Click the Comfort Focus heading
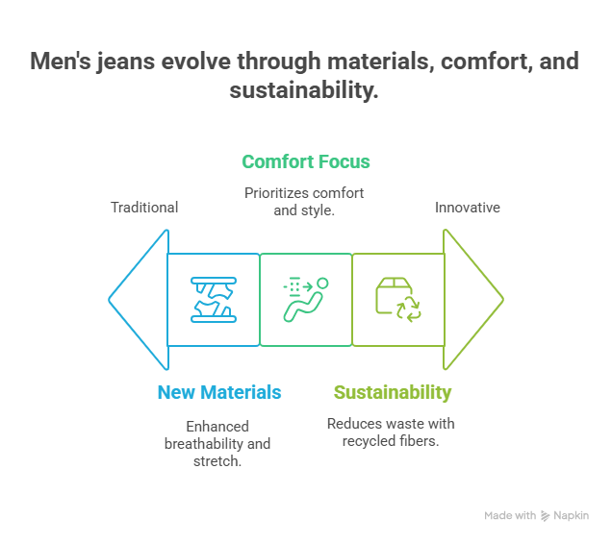(x=306, y=161)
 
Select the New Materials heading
(x=219, y=392)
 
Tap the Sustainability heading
(x=393, y=392)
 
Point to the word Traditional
(x=144, y=208)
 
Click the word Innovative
(x=468, y=208)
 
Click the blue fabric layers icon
(x=214, y=299)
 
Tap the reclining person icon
(x=306, y=299)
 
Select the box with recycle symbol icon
(x=397, y=299)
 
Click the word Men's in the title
(x=60, y=62)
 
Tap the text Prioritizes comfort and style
(x=304, y=201)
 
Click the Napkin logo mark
(x=546, y=516)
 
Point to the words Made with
(x=510, y=516)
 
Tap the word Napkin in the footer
(x=572, y=516)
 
